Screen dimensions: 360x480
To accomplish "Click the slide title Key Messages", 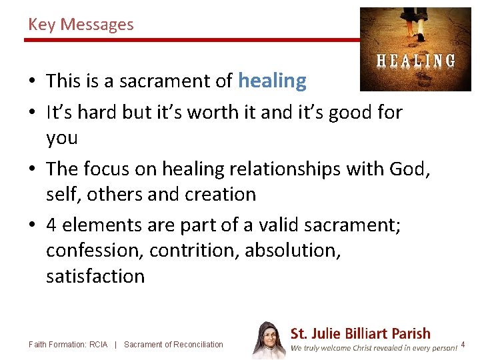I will (81, 25).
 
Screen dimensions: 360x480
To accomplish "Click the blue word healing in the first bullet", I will (272, 81).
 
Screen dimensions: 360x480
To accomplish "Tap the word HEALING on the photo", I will (416, 61).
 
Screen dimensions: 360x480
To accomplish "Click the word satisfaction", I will (95, 276).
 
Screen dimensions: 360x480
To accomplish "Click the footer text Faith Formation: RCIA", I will (68, 345).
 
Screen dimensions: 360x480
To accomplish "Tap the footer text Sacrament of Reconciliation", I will (173, 345).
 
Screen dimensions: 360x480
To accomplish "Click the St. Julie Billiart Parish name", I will (360, 333).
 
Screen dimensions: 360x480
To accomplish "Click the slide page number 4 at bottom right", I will (463, 345).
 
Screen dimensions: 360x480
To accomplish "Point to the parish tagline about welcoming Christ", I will (374, 347).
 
